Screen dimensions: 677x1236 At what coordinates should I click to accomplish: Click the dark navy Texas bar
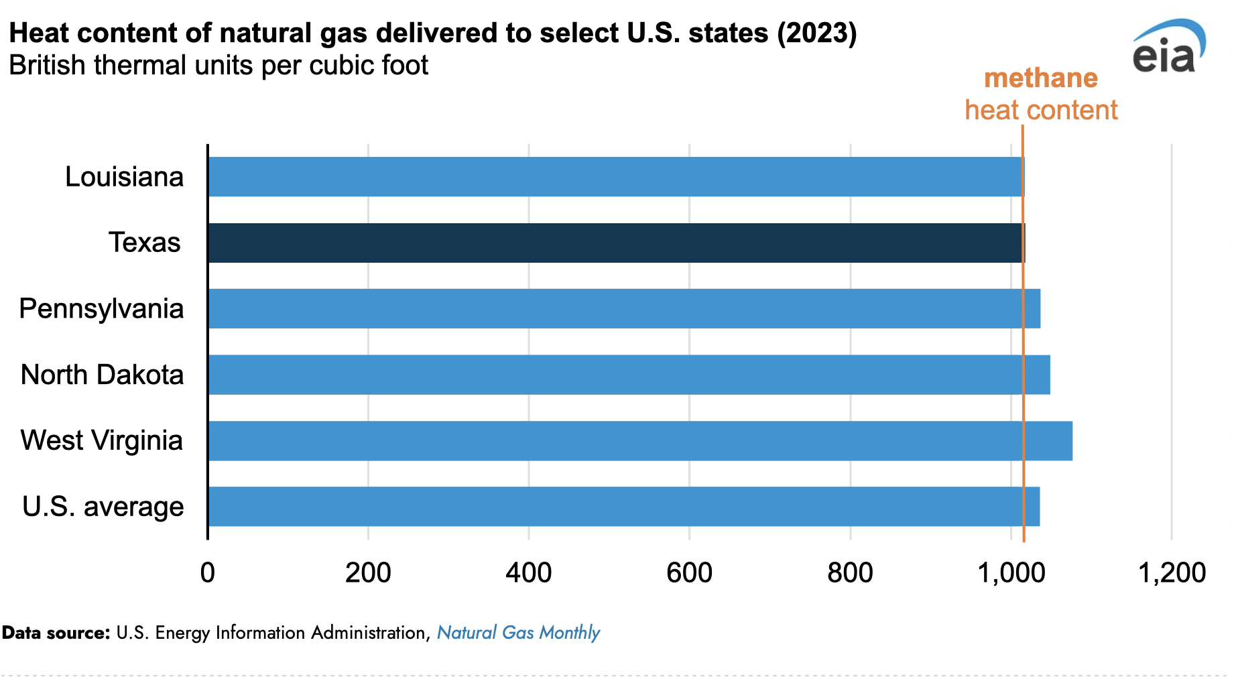[615, 243]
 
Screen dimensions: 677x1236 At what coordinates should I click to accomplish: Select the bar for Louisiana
[615, 177]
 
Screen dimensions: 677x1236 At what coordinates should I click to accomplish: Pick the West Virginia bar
[639, 441]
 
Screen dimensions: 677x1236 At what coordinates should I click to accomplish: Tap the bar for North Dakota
[629, 375]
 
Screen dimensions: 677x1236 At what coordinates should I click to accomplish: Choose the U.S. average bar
[623, 507]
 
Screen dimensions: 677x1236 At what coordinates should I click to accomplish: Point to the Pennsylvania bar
[623, 309]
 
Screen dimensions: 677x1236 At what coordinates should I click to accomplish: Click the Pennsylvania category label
[101, 309]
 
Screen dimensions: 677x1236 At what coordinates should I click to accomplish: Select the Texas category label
[145, 243]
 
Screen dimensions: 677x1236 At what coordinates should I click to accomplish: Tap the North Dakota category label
[102, 375]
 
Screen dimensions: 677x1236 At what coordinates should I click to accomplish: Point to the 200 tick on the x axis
[368, 573]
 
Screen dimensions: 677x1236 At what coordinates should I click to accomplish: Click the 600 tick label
[689, 573]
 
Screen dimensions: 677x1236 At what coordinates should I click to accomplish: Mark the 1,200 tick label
[1172, 573]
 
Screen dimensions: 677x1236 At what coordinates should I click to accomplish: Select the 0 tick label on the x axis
[208, 573]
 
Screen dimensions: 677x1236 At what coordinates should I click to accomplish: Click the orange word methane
[1040, 78]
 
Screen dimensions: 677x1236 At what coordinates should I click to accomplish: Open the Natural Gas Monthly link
[518, 633]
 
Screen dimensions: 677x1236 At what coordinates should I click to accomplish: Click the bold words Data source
[56, 633]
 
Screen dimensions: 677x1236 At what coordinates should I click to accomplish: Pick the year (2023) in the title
[817, 33]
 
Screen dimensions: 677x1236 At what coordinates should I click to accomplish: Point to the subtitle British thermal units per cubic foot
[219, 66]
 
